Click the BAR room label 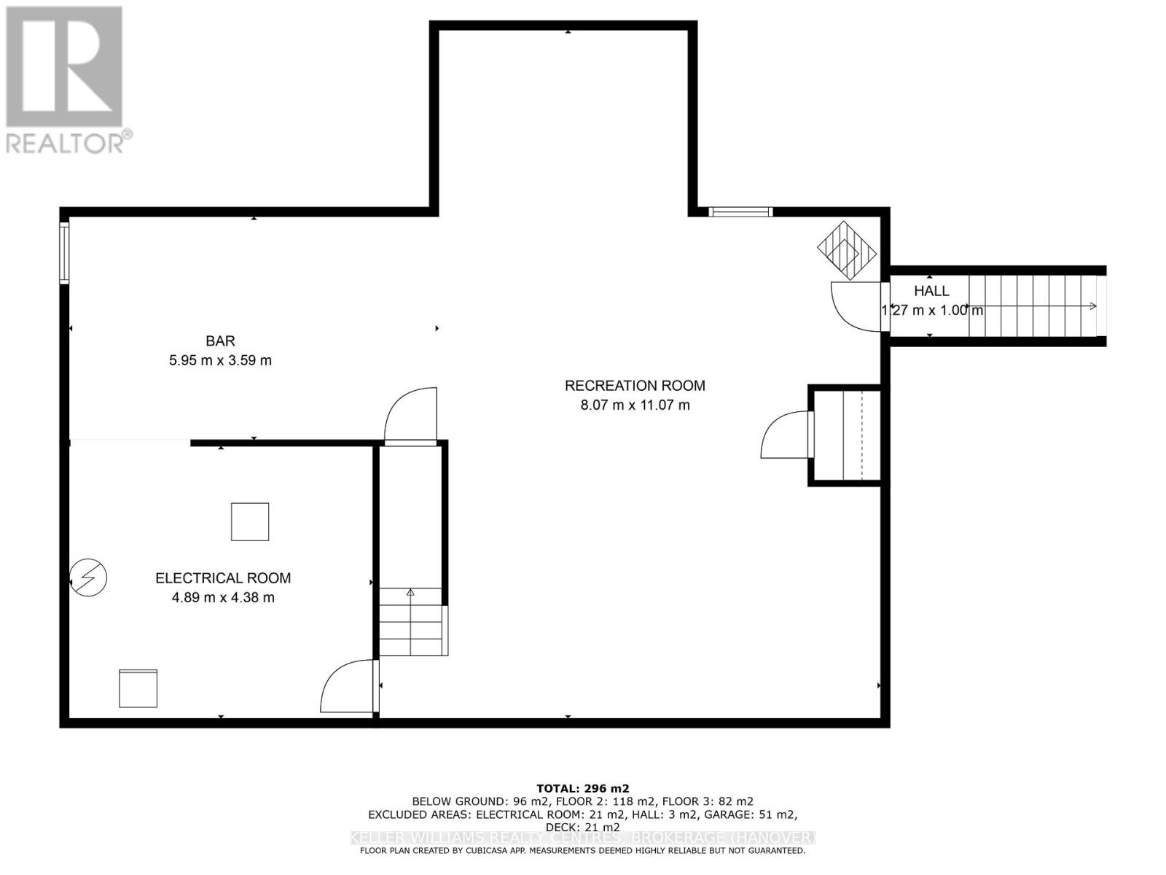220,341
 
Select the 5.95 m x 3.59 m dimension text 220,360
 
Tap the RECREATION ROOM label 635,385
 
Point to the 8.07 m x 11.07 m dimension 635,405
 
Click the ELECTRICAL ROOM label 223,578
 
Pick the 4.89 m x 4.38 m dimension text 223,598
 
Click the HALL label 931,291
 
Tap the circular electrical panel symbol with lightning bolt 89,577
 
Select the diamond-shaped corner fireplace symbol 847,250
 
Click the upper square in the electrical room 250,521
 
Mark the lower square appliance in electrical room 138,688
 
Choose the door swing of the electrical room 347,688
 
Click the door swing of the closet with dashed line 784,435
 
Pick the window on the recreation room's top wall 740,212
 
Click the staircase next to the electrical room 410,621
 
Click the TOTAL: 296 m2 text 582,788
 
